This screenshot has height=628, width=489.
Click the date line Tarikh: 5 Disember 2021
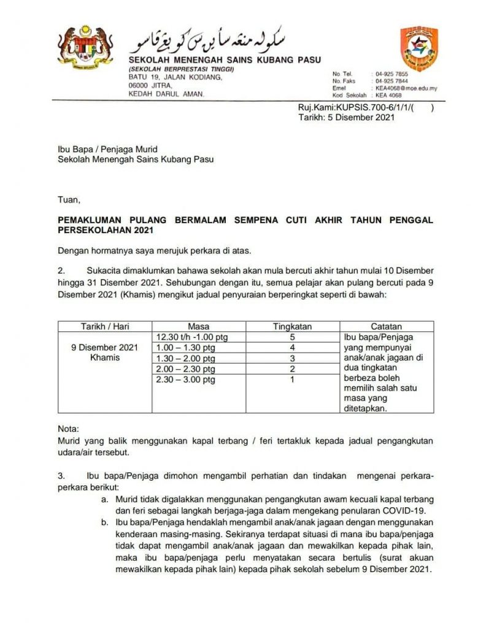(x=346, y=117)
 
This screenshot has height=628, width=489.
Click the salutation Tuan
(x=68, y=199)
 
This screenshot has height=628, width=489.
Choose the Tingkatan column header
(x=292, y=327)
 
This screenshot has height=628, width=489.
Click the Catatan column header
(x=387, y=327)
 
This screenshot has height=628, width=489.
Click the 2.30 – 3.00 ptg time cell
(x=187, y=380)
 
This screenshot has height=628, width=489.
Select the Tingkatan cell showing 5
(x=293, y=337)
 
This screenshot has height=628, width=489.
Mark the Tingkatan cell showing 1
(x=293, y=380)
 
